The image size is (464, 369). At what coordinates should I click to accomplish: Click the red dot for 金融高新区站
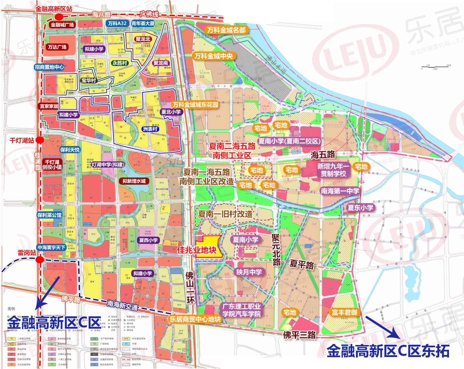click(x=59, y=17)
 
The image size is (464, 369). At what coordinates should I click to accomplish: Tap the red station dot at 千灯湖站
click(x=40, y=140)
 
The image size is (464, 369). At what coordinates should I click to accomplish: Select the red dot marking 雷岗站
click(x=40, y=260)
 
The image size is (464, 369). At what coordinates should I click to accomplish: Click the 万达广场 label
click(x=57, y=47)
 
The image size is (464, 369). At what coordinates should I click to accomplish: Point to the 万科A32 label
click(x=117, y=23)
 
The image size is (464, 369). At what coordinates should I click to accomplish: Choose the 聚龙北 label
click(x=143, y=39)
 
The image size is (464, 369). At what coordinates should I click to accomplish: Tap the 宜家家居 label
click(x=49, y=106)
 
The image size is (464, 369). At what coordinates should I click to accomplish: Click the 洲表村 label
click(x=150, y=129)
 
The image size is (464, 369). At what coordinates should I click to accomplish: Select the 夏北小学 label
click(x=171, y=112)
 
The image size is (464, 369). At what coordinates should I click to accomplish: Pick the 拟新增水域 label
click(x=134, y=181)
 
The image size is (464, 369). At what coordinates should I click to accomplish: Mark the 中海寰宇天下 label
click(x=51, y=247)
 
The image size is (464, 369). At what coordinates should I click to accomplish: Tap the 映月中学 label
click(x=249, y=272)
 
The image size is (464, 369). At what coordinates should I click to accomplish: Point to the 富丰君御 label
click(x=344, y=312)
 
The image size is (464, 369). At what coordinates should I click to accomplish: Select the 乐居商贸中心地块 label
click(x=195, y=319)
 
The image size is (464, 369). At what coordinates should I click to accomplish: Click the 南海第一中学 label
click(x=340, y=191)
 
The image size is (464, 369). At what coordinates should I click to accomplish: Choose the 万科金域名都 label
click(x=226, y=30)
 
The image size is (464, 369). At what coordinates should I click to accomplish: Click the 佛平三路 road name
click(x=299, y=335)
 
